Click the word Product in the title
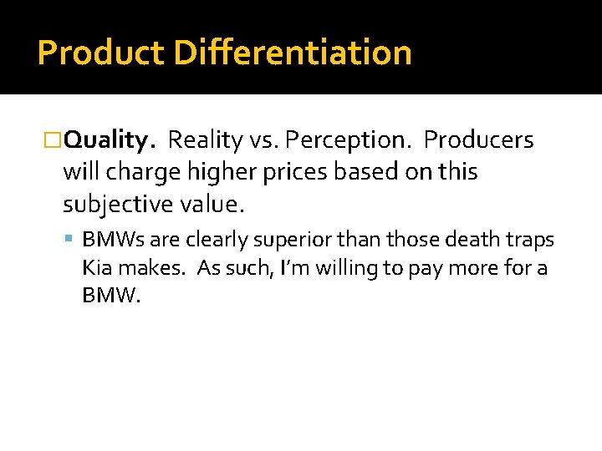pos(100,53)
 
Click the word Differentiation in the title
pos(293,53)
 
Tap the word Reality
pos(205,140)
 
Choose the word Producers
pos(478,140)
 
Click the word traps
pos(529,241)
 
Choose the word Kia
pos(97,268)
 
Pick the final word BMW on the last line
pos(109,296)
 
